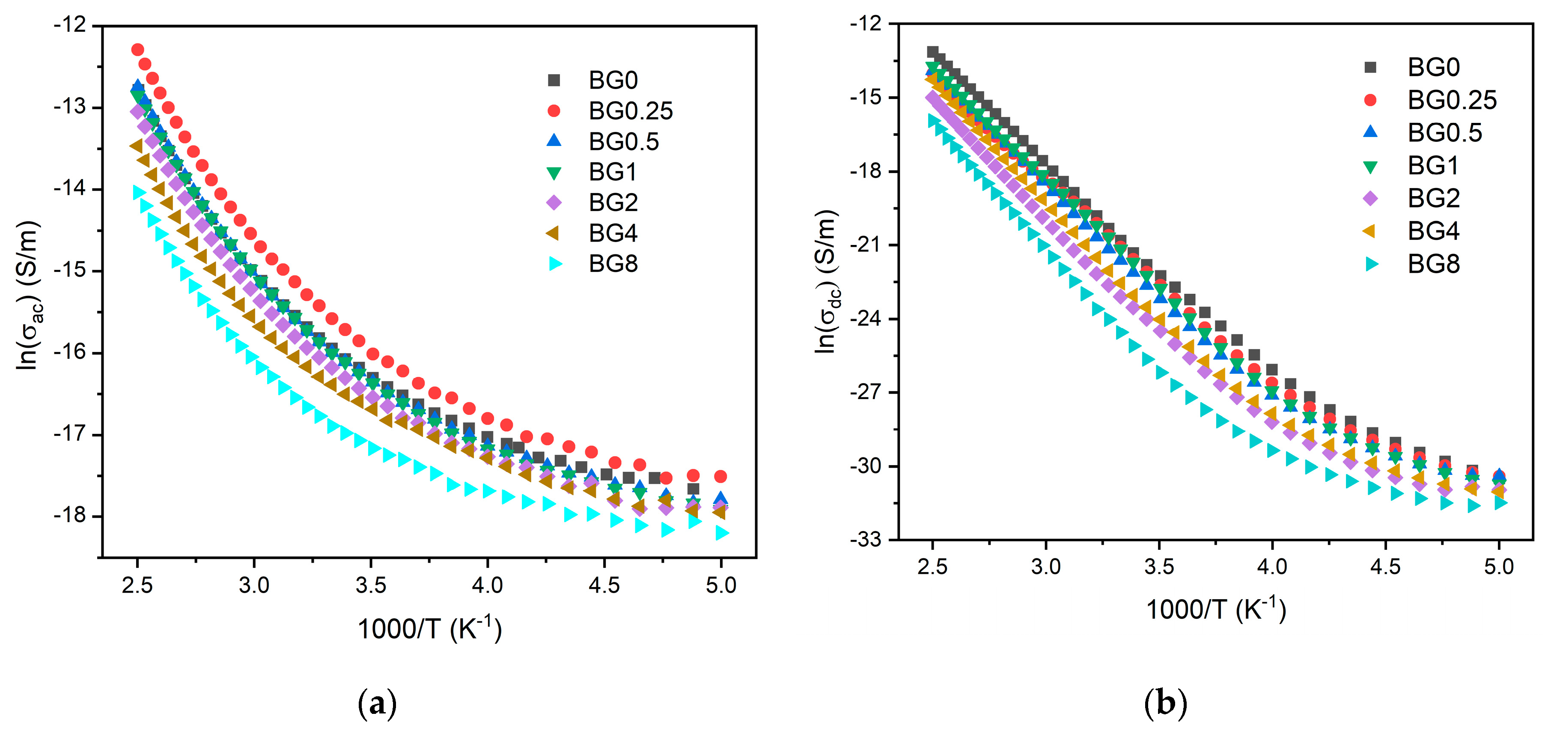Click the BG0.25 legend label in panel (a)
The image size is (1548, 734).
(x=631, y=111)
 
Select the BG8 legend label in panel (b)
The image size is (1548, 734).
(x=1433, y=264)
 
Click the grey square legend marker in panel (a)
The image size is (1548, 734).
(x=554, y=80)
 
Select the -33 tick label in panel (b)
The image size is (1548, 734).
(x=865, y=540)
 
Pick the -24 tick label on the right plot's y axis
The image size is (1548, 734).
(x=865, y=319)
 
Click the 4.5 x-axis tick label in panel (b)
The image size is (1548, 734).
(x=1385, y=566)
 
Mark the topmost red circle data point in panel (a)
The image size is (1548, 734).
(x=137, y=49)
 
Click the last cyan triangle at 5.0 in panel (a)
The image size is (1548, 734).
(x=722, y=533)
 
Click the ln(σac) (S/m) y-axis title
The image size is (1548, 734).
(x=28, y=295)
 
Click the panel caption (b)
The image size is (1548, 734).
(x=1165, y=703)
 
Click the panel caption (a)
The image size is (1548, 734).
(x=378, y=703)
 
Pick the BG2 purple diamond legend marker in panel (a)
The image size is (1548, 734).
(x=554, y=203)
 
